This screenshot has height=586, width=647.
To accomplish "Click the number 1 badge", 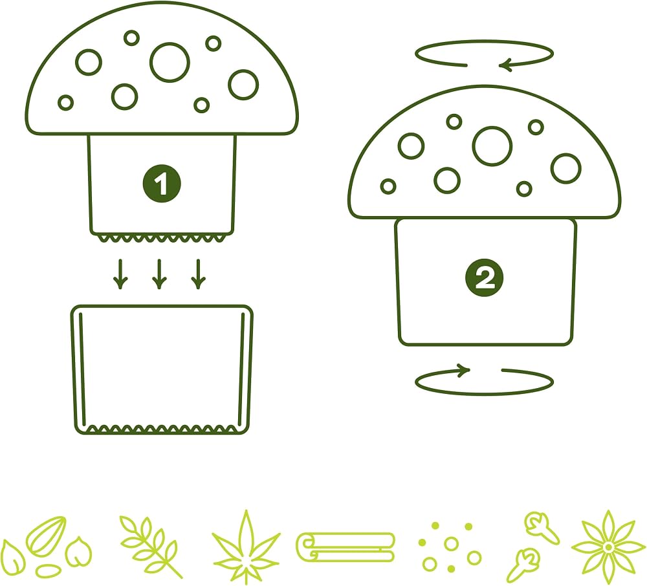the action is tap(161, 184).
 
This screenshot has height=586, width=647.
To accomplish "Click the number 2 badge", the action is tap(484, 277).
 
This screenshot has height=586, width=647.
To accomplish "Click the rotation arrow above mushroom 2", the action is tap(483, 41).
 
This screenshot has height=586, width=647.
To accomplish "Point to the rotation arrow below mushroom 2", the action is tap(483, 394).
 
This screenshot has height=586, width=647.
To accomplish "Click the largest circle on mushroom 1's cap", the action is tap(170, 62).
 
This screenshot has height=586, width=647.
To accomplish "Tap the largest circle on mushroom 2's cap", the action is tap(492, 146).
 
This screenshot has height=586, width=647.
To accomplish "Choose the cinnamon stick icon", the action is tap(345, 547).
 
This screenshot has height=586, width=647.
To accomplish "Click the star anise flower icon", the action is tap(608, 547).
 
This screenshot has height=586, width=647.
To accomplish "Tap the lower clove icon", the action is tap(523, 565).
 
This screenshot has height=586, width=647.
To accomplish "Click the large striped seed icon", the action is tap(46, 536).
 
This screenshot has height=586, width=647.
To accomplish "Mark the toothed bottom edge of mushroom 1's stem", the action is tap(162, 238).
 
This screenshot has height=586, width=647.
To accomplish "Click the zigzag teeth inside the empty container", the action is tap(162, 429).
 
